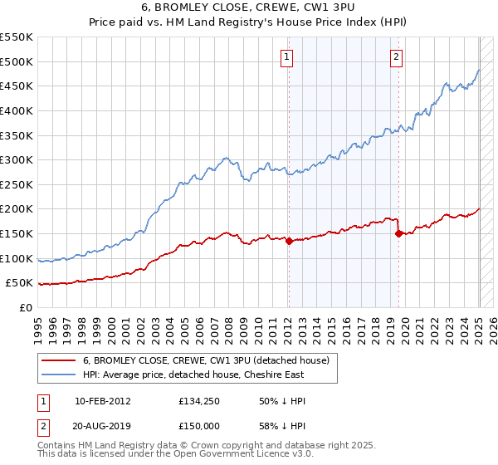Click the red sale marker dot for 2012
coord(289,242)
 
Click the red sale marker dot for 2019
coord(398,233)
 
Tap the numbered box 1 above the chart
coord(286,57)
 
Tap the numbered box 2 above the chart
coord(396,57)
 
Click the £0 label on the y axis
coord(25,307)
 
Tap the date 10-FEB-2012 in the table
coord(102,401)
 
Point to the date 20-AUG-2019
coord(102,426)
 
